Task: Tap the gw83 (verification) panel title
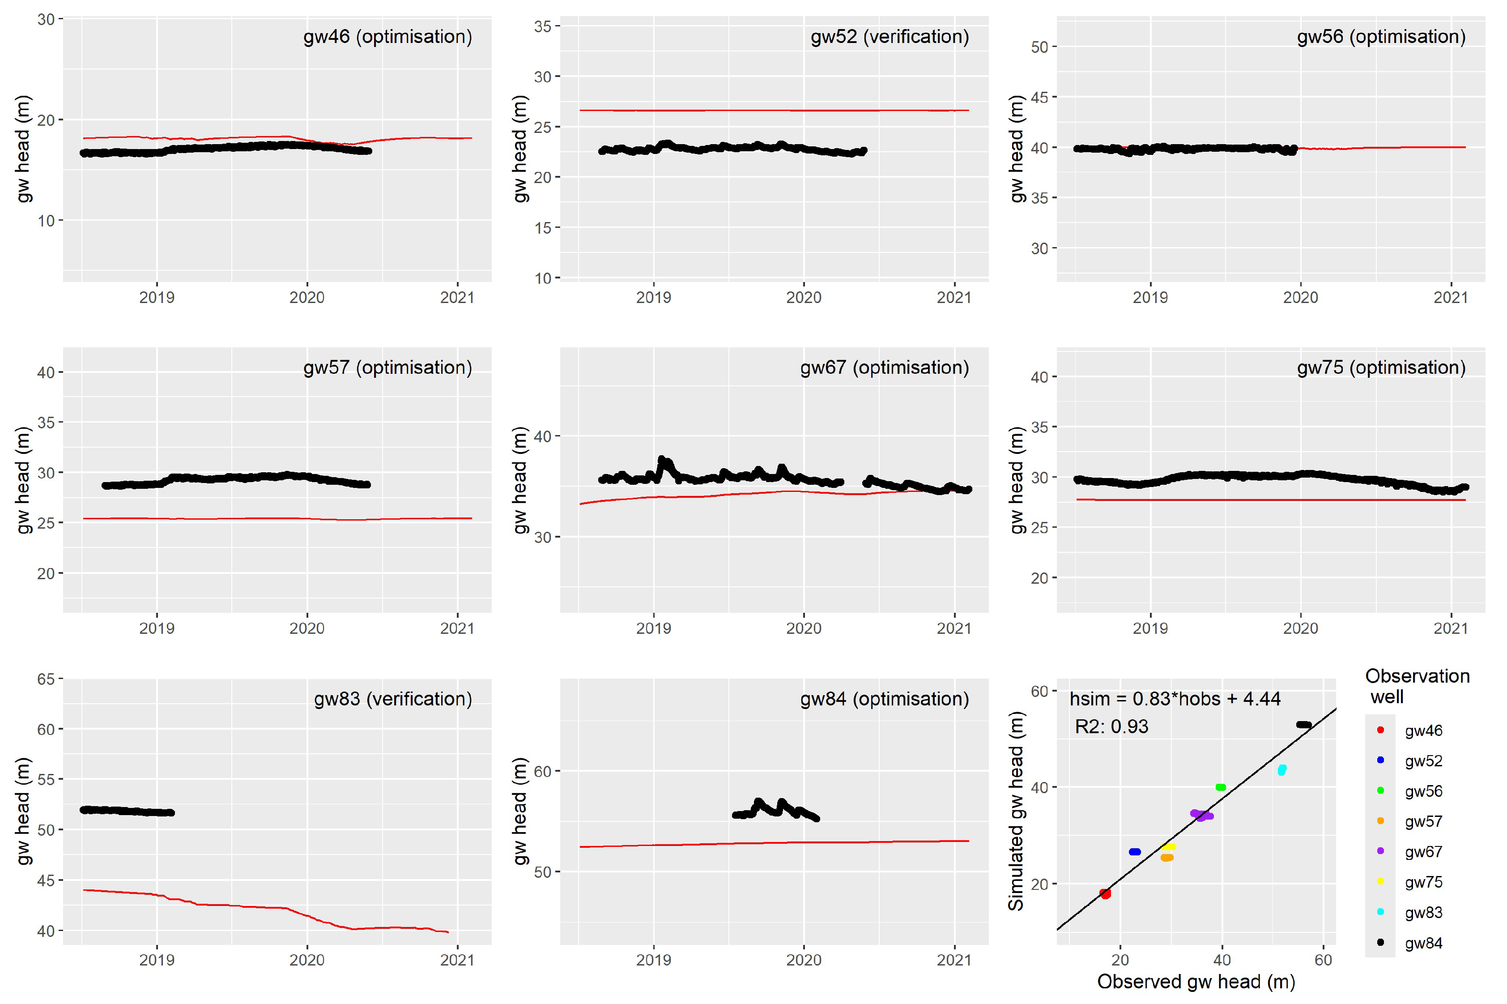point(392,699)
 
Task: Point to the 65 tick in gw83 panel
point(46,679)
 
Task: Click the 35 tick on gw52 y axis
point(543,26)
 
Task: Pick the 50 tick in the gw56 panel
point(1039,47)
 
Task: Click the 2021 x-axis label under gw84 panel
point(954,959)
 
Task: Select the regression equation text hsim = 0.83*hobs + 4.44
point(1175,699)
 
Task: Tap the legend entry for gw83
point(1423,912)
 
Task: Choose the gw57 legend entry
point(1423,821)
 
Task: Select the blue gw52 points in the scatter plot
point(1135,852)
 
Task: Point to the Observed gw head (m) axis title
point(1196,982)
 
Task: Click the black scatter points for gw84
point(1303,725)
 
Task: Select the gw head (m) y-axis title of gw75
point(1016,480)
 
